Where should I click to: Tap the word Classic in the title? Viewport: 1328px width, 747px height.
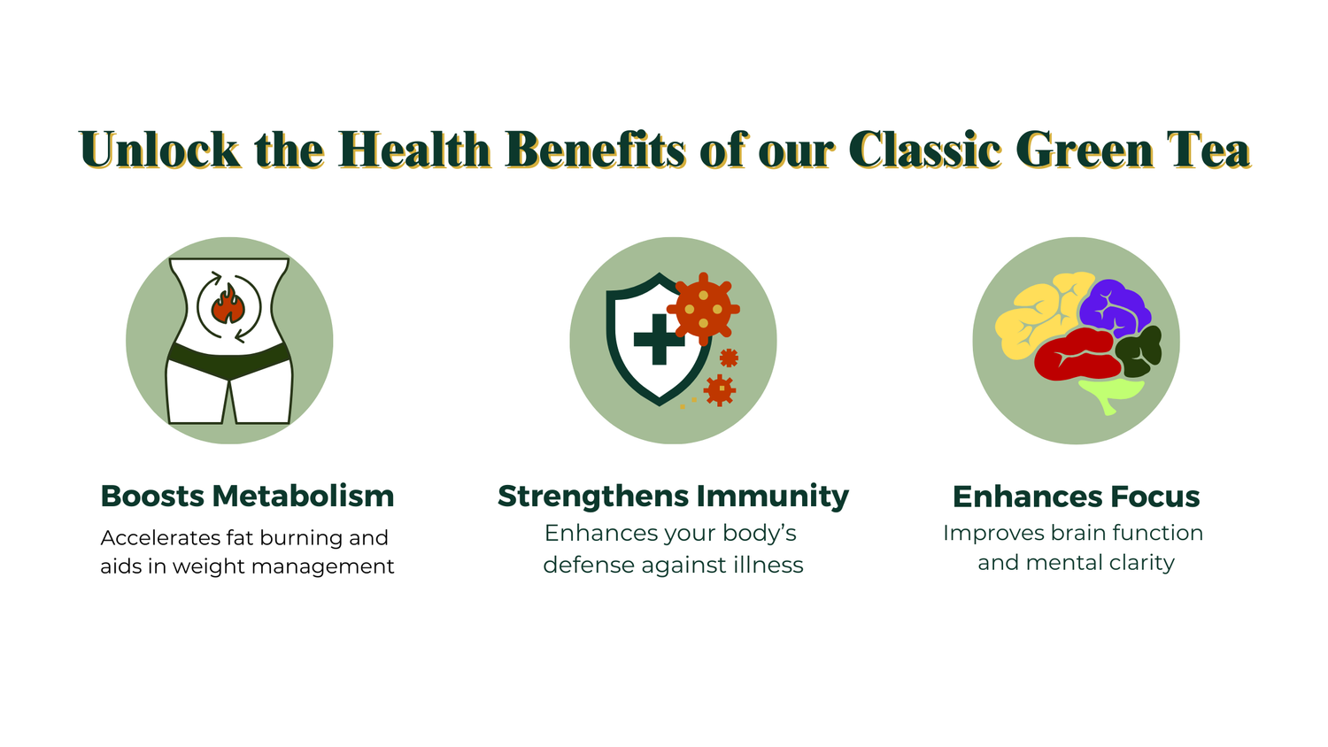click(925, 149)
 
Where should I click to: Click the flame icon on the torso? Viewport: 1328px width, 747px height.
click(228, 304)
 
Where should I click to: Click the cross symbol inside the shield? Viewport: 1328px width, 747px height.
click(660, 339)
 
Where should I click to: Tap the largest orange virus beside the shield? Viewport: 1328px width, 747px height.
click(704, 309)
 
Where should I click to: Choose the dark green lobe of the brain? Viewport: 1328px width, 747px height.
click(1139, 351)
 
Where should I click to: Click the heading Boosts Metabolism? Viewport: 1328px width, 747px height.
click(247, 496)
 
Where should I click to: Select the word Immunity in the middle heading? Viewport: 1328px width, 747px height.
click(773, 497)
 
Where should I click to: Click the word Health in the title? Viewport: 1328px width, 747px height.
click(414, 149)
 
